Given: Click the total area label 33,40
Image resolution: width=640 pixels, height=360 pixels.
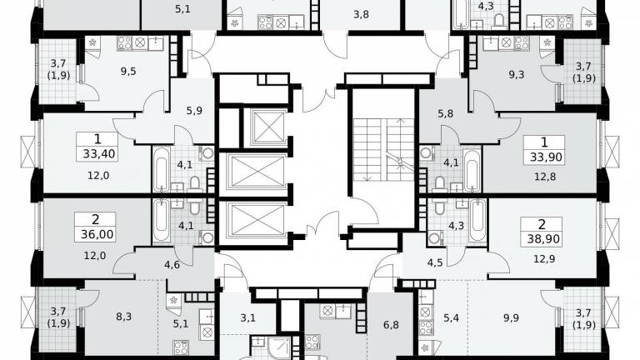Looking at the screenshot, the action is pyautogui.click(x=99, y=154).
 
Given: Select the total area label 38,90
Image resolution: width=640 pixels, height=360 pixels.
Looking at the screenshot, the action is pyautogui.click(x=543, y=239).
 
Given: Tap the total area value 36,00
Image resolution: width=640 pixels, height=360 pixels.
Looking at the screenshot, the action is pyautogui.click(x=97, y=234).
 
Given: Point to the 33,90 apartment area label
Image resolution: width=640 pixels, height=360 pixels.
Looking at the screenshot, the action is pyautogui.click(x=546, y=157).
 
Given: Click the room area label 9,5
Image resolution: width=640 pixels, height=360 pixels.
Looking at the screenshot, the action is pyautogui.click(x=128, y=72).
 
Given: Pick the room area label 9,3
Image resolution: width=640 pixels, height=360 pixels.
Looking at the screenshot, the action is pyautogui.click(x=517, y=75).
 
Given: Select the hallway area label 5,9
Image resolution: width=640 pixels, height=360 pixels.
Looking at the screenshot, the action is pyautogui.click(x=194, y=111).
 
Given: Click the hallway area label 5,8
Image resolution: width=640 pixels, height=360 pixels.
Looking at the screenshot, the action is pyautogui.click(x=445, y=113).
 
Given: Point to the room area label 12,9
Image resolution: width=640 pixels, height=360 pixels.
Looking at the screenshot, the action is pyautogui.click(x=544, y=259).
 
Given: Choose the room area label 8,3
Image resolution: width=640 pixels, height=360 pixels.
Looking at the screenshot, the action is pyautogui.click(x=123, y=317).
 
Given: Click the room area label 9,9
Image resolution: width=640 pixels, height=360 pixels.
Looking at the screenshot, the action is pyautogui.click(x=511, y=318).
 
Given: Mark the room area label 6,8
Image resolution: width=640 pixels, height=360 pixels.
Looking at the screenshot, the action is pyautogui.click(x=391, y=325).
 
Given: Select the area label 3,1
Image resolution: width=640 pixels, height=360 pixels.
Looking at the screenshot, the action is pyautogui.click(x=247, y=317).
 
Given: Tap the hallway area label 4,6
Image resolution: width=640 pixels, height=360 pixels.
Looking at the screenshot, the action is pyautogui.click(x=172, y=265).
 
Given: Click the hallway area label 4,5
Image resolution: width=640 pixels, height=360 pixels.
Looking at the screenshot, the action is pyautogui.click(x=435, y=262).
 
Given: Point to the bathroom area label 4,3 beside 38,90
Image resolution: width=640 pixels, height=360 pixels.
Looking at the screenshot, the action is pyautogui.click(x=457, y=226).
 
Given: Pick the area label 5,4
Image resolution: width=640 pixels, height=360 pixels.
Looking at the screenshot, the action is pyautogui.click(x=451, y=318).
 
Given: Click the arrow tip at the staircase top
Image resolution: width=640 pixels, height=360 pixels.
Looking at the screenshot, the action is pyautogui.click(x=401, y=119).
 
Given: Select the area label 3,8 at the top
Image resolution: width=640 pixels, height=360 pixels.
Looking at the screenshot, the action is pyautogui.click(x=361, y=15).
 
